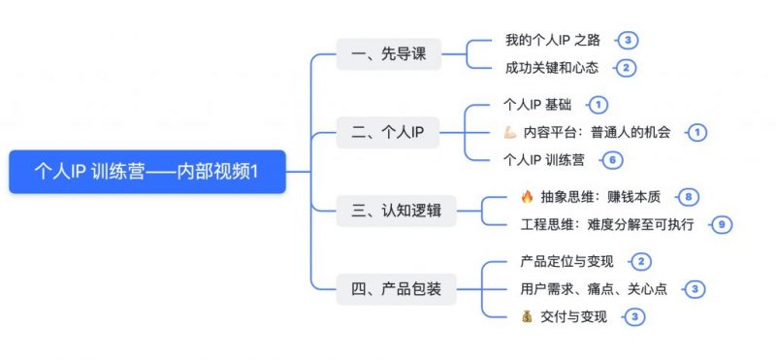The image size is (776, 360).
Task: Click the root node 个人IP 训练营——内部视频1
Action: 146,172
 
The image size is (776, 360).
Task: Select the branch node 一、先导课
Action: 386,54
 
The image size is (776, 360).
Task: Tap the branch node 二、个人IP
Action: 386,131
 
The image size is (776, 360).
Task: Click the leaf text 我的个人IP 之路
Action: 553,40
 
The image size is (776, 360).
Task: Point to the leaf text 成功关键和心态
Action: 552,68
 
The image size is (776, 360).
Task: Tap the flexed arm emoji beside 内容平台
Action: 510,132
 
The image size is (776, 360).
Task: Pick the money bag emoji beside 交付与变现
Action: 527,316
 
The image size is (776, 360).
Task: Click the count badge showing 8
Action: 688,197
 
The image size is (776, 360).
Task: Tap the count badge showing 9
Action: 719,225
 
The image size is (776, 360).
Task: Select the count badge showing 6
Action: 611,159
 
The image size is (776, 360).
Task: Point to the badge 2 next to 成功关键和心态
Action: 627,68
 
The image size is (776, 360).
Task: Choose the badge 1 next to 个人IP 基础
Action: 598,104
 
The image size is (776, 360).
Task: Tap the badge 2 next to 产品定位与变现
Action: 641,261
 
